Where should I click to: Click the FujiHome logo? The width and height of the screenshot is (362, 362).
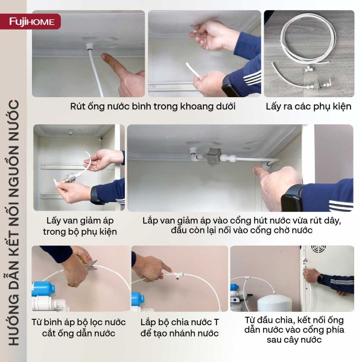(x=32, y=22)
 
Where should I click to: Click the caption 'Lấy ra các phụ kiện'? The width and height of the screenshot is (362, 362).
(x=309, y=106)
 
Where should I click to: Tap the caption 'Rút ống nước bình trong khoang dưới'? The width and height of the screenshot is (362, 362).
(x=153, y=106)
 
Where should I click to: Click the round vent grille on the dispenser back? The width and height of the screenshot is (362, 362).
(x=319, y=249)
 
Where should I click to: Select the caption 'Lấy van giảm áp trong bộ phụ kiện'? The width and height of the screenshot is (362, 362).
(x=80, y=226)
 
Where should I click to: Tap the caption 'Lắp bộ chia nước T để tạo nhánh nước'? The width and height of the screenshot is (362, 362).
(x=179, y=328)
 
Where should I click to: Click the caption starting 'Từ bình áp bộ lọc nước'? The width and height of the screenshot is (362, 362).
(x=78, y=328)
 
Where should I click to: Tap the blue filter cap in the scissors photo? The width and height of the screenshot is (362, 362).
(x=43, y=288)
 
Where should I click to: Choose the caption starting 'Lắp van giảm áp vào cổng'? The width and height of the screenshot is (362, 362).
(x=241, y=225)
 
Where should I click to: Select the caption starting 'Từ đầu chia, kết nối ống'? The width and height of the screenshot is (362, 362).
(x=294, y=329)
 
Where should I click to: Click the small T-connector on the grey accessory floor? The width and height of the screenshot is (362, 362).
(x=308, y=68)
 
